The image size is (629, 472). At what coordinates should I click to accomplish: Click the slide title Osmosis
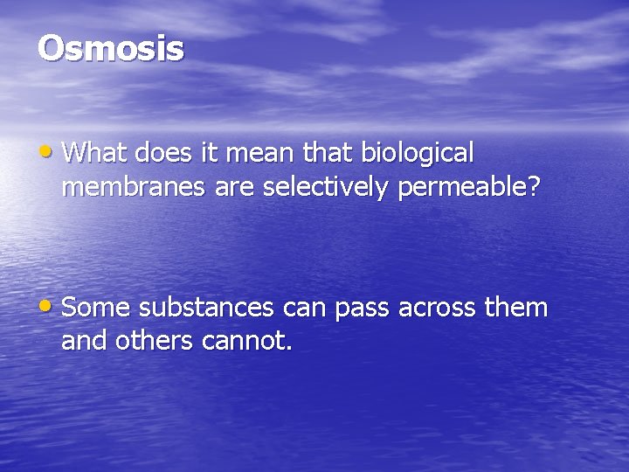(x=111, y=49)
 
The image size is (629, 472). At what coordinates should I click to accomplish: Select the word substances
(x=205, y=309)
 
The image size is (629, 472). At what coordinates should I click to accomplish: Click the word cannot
(x=246, y=339)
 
